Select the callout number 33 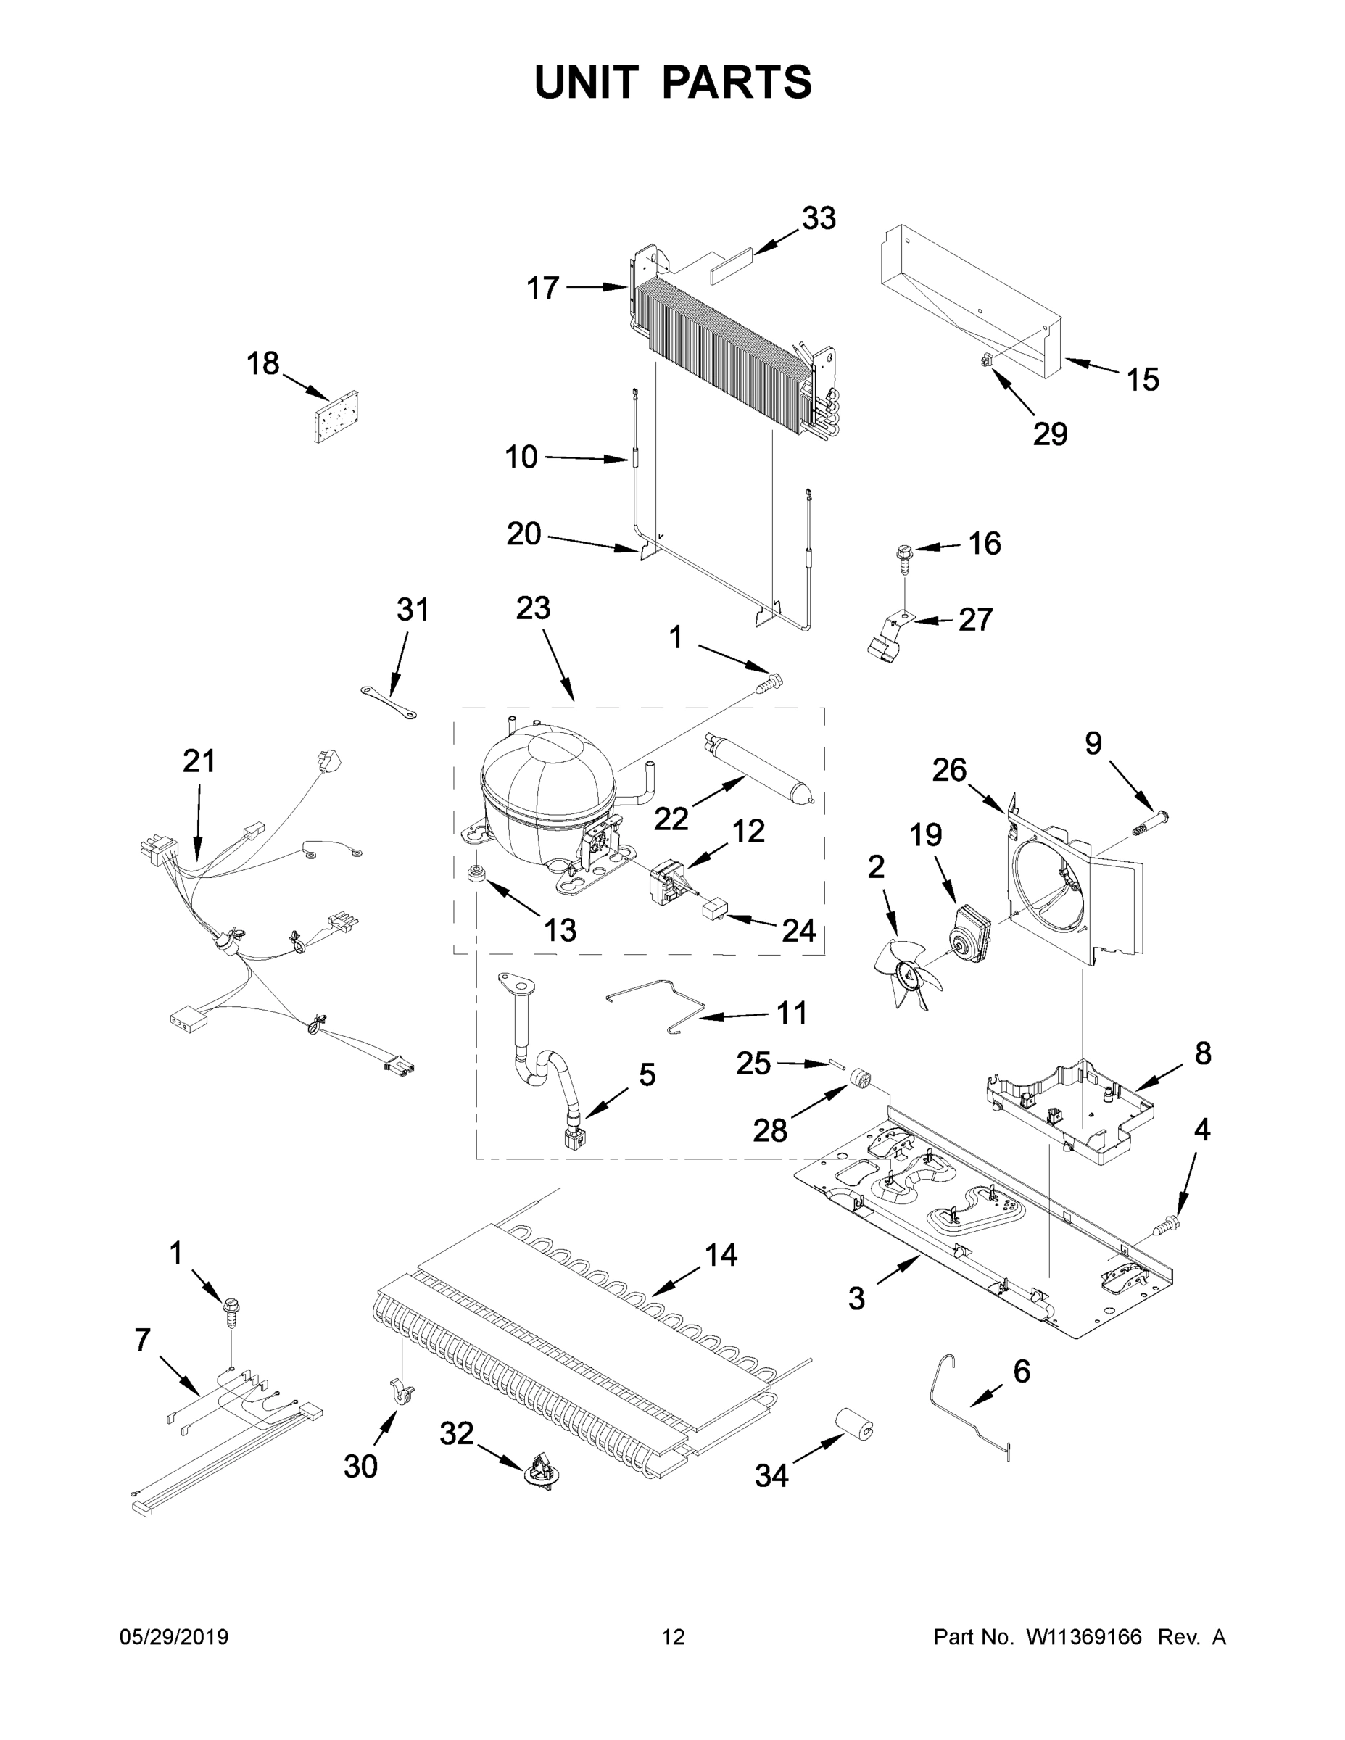click(819, 218)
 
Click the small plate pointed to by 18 click(336, 416)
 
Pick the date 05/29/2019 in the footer click(174, 1637)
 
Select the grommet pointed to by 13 click(476, 871)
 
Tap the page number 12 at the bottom click(674, 1637)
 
